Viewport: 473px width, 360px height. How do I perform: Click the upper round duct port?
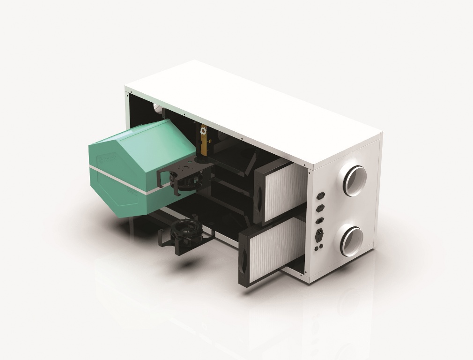(x=354, y=179)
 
